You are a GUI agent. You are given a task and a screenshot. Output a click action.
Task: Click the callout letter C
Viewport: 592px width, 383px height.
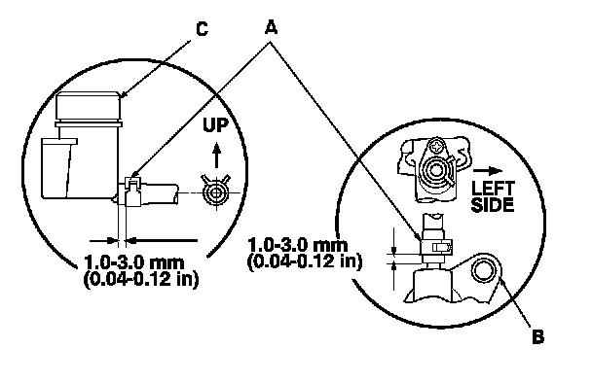tap(202, 28)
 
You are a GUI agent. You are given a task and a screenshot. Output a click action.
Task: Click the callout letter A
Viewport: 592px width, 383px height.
tap(271, 27)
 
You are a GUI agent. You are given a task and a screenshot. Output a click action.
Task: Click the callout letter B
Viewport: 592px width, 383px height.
tap(538, 336)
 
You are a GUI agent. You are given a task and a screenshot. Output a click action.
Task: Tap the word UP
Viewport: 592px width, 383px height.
tap(215, 125)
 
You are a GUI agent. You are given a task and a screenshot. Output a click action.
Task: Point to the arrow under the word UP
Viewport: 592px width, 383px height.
tap(216, 155)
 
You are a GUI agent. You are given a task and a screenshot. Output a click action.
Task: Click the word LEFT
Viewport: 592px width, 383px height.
tap(493, 188)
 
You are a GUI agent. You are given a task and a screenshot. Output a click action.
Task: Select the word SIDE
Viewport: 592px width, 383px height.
tap(493, 205)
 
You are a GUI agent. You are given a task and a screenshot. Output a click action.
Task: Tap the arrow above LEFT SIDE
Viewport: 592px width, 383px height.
tap(488, 171)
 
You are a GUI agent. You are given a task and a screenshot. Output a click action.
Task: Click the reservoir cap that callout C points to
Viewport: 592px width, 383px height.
tap(88, 107)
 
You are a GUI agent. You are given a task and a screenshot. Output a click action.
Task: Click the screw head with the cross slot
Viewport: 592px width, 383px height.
tap(437, 146)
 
